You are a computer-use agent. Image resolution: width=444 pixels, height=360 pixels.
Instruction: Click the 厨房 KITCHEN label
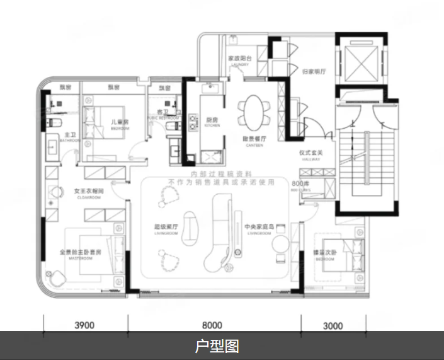click(x=211, y=121)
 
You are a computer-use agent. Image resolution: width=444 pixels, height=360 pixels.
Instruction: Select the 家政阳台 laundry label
click(x=239, y=61)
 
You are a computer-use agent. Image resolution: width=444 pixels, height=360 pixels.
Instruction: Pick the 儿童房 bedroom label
click(x=120, y=123)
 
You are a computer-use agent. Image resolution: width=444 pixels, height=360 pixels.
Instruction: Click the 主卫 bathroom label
click(x=70, y=137)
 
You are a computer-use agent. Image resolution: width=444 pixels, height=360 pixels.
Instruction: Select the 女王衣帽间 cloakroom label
click(x=88, y=192)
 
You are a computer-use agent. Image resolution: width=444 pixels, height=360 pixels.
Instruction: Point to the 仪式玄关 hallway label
click(x=311, y=154)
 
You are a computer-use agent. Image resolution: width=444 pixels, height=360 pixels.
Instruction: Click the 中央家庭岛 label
click(x=258, y=228)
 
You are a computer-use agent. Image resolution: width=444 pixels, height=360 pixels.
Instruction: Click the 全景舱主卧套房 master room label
click(x=81, y=254)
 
